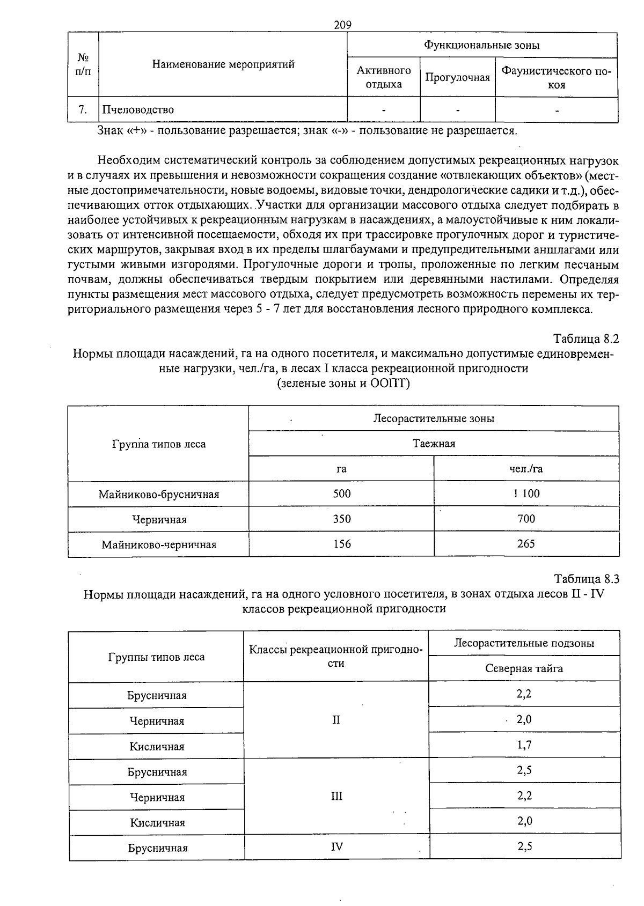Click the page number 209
click(x=342, y=25)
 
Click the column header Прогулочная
click(x=457, y=78)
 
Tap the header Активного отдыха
click(x=384, y=77)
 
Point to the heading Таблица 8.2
click(x=586, y=339)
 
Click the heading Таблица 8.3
click(x=586, y=579)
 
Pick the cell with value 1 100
click(x=526, y=493)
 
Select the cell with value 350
click(x=341, y=519)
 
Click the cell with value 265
click(x=526, y=544)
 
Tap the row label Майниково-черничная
click(x=159, y=545)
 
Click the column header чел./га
click(x=526, y=469)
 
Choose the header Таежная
click(x=434, y=444)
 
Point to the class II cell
click(x=336, y=720)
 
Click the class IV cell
click(x=336, y=847)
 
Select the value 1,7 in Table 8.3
click(x=524, y=745)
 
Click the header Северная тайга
click(x=524, y=669)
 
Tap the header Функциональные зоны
click(x=482, y=46)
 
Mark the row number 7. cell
click(x=83, y=110)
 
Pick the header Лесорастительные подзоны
click(x=524, y=643)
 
